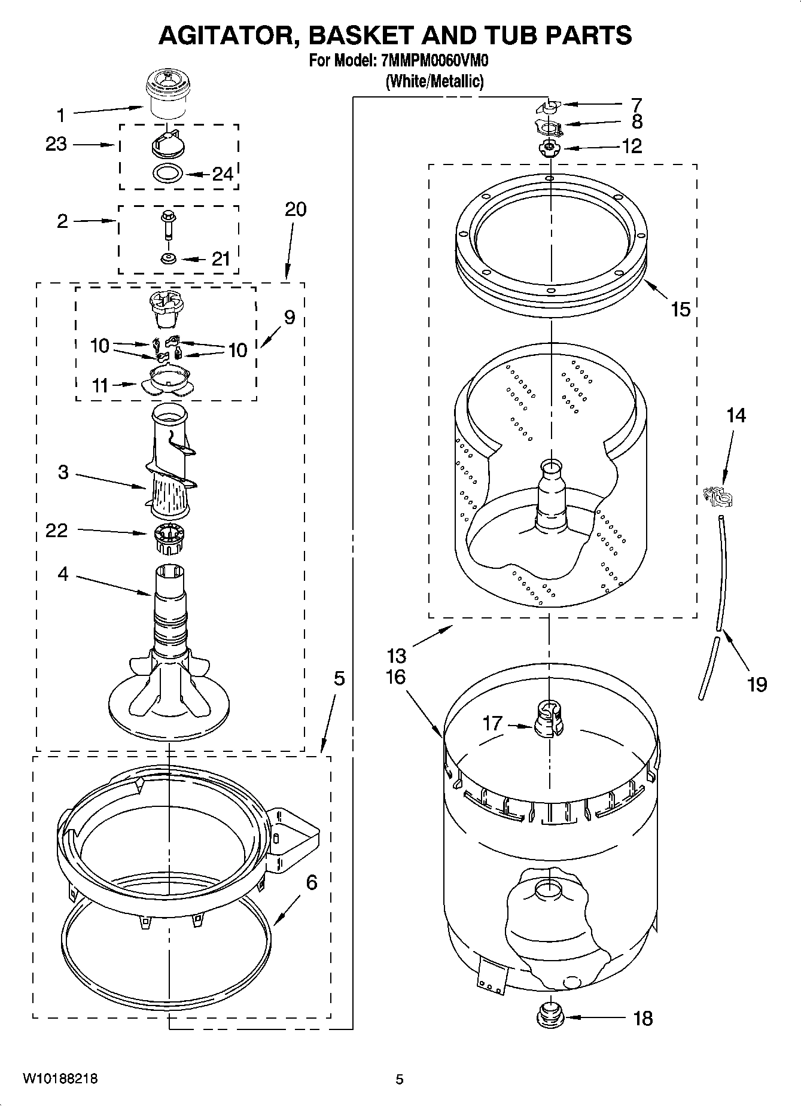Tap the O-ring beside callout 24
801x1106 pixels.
[167, 175]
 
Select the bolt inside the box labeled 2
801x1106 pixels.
[167, 225]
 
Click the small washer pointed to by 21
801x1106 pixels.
[167, 258]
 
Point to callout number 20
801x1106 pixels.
[296, 209]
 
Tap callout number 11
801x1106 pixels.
[100, 386]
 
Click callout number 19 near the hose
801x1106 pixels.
[757, 684]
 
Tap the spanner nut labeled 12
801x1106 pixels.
[549, 148]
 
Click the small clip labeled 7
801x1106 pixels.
[549, 106]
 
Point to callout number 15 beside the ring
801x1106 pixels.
[681, 309]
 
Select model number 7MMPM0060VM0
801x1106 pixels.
[434, 61]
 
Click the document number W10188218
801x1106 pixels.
[60, 1079]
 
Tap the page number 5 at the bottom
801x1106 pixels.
[400, 1080]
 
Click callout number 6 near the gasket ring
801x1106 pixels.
[312, 882]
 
